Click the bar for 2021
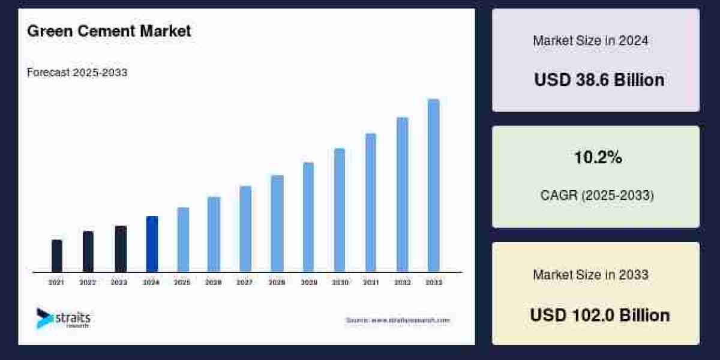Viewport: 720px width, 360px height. pyautogui.click(x=57, y=256)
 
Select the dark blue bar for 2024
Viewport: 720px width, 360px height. pyautogui.click(x=152, y=244)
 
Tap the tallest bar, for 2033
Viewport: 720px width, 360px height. pyautogui.click(x=433, y=185)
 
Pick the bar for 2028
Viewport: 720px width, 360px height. pyautogui.click(x=277, y=223)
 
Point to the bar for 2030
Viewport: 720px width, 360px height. pyautogui.click(x=340, y=210)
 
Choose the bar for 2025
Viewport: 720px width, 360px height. pyautogui.click(x=183, y=239)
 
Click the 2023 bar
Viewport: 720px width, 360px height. pyautogui.click(x=121, y=249)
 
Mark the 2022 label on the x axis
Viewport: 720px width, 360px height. pyautogui.click(x=88, y=282)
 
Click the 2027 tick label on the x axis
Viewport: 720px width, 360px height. pyautogui.click(x=244, y=282)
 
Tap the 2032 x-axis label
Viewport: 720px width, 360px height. pyautogui.click(x=402, y=282)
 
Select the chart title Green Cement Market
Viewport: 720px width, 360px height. pyautogui.click(x=109, y=31)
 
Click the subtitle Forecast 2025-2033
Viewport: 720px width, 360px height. pyautogui.click(x=77, y=73)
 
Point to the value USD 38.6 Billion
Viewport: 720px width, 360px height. pyautogui.click(x=599, y=80)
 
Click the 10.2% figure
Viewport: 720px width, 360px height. pyautogui.click(x=598, y=158)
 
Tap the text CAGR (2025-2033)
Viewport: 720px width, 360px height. pyautogui.click(x=596, y=196)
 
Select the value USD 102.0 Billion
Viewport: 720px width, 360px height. pyautogui.click(x=599, y=315)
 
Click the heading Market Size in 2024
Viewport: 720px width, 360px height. pyautogui.click(x=590, y=41)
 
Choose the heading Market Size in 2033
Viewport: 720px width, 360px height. pyautogui.click(x=590, y=275)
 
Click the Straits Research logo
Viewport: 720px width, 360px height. pyautogui.click(x=63, y=319)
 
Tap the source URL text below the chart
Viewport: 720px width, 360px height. pyautogui.click(x=397, y=320)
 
